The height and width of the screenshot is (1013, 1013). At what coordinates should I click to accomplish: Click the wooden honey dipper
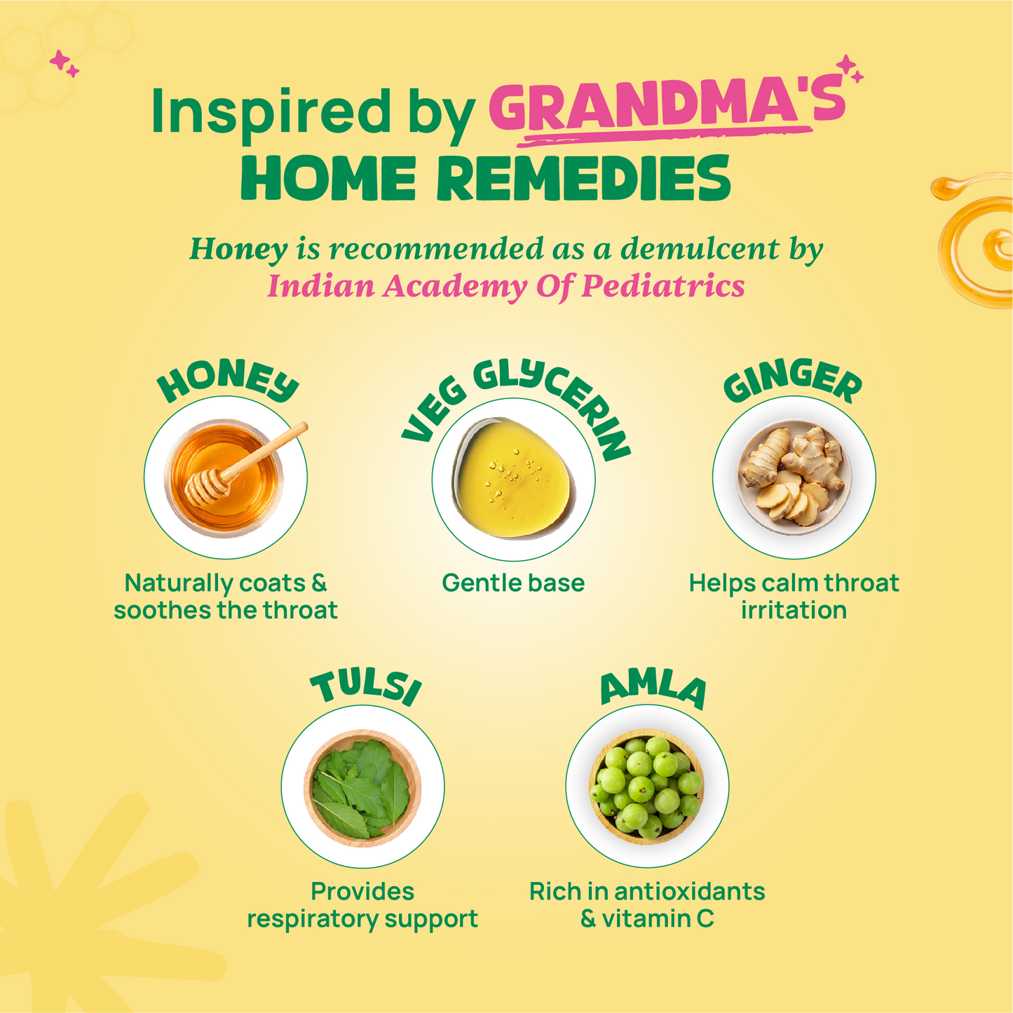click(x=245, y=463)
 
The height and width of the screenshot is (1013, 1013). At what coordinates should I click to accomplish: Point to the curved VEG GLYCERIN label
click(x=516, y=404)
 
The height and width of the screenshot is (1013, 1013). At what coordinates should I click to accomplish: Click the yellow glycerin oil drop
click(x=514, y=478)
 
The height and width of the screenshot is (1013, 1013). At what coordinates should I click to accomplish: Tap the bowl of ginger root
click(x=794, y=477)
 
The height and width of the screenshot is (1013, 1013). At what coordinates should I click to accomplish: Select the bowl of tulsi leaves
click(x=362, y=788)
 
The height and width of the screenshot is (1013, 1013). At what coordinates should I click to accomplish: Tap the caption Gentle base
click(x=513, y=583)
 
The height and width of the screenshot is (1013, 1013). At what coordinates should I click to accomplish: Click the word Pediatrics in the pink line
click(x=663, y=287)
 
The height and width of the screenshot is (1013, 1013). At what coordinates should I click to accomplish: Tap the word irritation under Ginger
click(x=794, y=611)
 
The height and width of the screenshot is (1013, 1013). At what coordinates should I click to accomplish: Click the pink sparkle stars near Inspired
click(x=64, y=64)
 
